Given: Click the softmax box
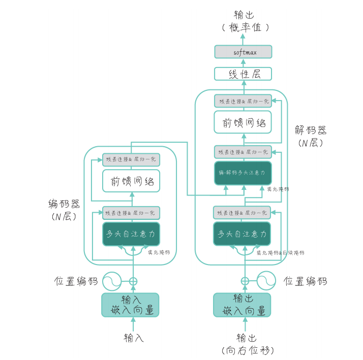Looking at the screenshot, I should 243,52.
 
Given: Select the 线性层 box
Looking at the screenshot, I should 243,74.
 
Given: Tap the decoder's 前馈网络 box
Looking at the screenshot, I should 243,122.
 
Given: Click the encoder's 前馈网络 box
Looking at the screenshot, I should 132,181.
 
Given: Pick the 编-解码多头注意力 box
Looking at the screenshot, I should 243,173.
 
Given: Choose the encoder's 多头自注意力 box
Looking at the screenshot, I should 132,234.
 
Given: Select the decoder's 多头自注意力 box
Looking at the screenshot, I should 243,234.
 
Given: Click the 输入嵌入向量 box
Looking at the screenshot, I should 131,305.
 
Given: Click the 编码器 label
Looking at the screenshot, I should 64,205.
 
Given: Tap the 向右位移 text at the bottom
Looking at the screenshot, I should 248,350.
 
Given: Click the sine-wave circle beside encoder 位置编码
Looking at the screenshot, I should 111,281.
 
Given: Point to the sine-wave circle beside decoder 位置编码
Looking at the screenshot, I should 265,281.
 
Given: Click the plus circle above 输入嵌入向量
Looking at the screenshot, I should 133,281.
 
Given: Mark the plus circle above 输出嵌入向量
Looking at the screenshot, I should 245,281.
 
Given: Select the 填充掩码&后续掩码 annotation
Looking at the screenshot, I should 280,252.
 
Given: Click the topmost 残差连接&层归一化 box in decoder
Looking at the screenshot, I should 243,101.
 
